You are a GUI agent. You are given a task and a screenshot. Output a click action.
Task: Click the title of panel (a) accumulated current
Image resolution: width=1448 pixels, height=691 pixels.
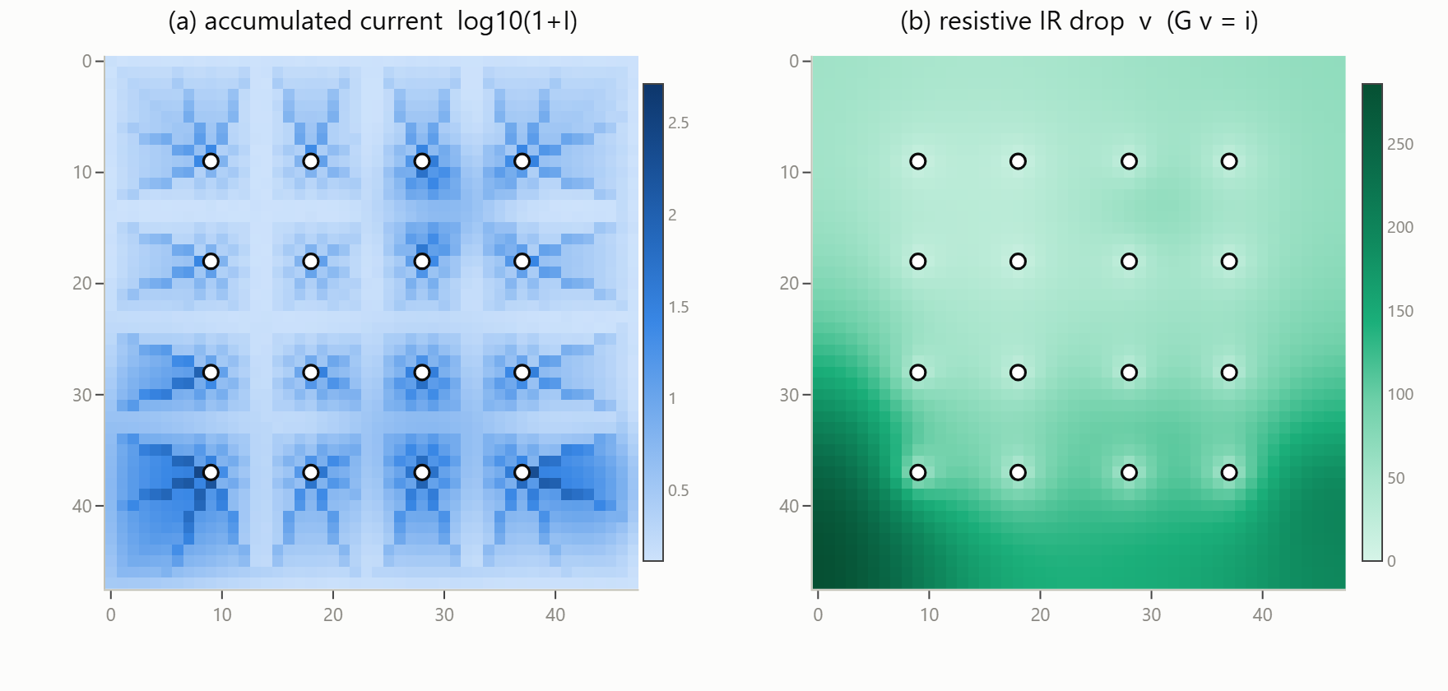pos(373,21)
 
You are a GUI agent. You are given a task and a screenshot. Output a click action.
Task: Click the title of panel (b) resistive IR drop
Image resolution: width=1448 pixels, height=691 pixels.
pos(1079,21)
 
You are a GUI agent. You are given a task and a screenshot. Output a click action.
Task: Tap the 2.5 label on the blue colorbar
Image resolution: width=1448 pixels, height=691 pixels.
pos(679,123)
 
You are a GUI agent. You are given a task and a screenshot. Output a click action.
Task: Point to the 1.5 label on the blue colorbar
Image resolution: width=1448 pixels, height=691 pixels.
pos(679,307)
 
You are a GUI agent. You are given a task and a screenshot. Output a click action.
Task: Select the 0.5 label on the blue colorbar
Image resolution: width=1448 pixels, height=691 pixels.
pos(679,490)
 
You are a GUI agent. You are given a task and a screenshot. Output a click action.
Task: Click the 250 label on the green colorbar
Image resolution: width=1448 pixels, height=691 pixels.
pos(1400,144)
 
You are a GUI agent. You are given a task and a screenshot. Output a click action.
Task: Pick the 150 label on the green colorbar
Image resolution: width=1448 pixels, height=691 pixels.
pos(1400,311)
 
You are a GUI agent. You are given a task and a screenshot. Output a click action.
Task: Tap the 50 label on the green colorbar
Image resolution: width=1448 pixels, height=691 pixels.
pos(1396,478)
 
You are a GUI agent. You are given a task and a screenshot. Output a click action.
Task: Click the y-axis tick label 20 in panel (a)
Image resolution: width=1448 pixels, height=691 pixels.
pos(82,283)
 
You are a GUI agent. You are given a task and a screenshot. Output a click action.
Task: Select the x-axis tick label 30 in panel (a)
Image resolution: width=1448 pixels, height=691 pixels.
pos(444,614)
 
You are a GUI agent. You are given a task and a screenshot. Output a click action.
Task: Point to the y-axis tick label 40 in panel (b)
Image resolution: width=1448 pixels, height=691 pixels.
pos(789,506)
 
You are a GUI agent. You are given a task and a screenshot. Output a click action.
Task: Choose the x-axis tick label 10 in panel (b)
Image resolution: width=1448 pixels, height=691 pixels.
pos(929,614)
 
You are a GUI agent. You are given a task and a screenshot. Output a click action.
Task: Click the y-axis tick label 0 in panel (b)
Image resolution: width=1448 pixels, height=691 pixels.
pos(794,61)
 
